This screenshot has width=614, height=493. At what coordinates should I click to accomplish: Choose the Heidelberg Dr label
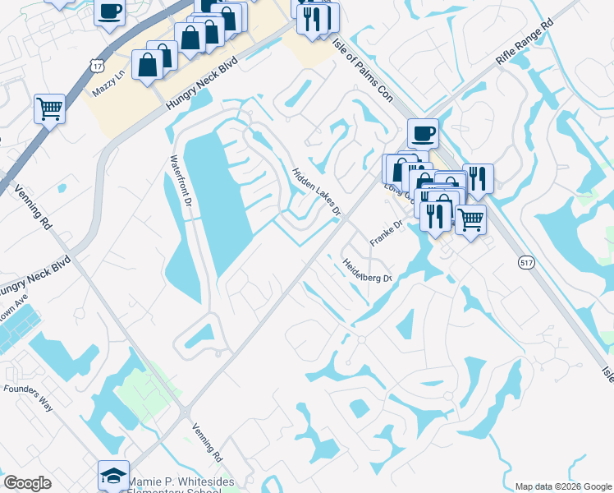coord(367,270)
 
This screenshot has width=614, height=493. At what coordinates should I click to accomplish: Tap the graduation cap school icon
coord(113,474)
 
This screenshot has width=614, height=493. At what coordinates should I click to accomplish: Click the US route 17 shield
coord(98,64)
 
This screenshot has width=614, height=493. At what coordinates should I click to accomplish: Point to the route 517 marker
coord(528,261)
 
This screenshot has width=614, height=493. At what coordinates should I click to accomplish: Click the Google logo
coord(27,483)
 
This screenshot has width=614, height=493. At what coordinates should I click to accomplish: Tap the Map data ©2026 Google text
coord(562,486)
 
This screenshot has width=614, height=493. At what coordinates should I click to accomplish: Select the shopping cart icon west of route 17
coord(49,108)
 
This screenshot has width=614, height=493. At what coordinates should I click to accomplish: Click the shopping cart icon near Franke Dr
coord(470,219)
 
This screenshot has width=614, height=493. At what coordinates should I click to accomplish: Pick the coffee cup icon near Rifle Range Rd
coord(423,132)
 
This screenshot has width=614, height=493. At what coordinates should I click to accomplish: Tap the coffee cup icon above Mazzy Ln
coord(110,12)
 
